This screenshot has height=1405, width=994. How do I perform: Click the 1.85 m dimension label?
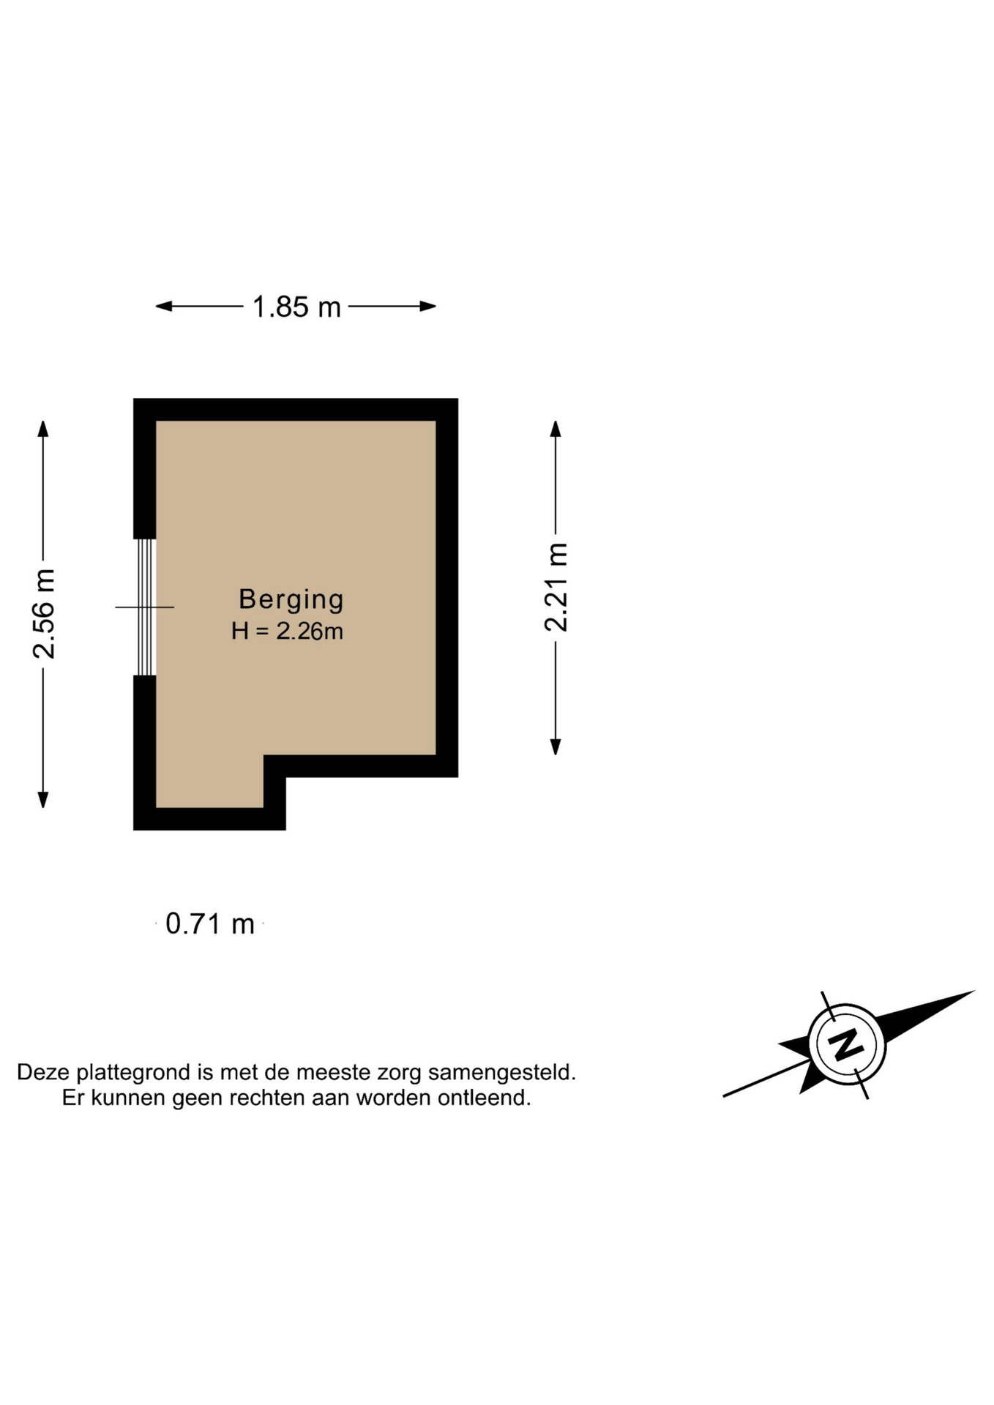[296, 307]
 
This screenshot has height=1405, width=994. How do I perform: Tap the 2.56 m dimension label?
[44, 614]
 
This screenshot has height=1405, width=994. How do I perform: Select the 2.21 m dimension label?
[556, 587]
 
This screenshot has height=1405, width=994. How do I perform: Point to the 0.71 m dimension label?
[210, 923]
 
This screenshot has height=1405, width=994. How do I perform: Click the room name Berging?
[291, 599]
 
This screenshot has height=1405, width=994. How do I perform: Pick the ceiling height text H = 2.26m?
[287, 631]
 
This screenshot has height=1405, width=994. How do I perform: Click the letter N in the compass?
[847, 1044]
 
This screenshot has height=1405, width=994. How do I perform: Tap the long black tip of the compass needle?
[974, 992]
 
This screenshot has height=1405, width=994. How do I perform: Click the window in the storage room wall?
[146, 607]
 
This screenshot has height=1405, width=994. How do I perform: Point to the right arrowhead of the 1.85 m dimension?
[428, 306]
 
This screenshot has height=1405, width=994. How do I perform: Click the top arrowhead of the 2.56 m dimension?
[43, 429]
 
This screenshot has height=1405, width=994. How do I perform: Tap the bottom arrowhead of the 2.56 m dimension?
[43, 799]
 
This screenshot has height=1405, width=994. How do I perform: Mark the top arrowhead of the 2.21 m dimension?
[556, 429]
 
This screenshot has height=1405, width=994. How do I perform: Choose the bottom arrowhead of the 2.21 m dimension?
[556, 746]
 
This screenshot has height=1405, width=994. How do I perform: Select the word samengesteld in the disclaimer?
[502, 1073]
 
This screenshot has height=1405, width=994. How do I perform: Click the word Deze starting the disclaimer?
[44, 1073]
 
